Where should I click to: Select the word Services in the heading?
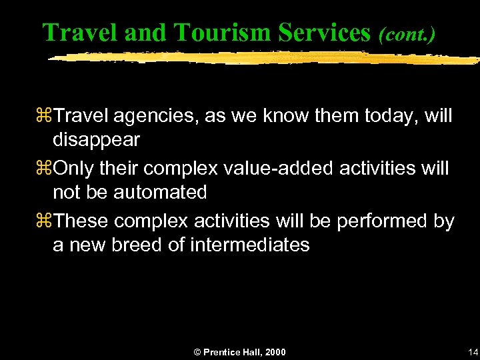point(323,31)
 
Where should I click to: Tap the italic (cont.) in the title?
point(407,33)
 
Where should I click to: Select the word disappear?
point(97,139)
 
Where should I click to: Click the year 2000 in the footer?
point(275,351)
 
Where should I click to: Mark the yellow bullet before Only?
point(47,169)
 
